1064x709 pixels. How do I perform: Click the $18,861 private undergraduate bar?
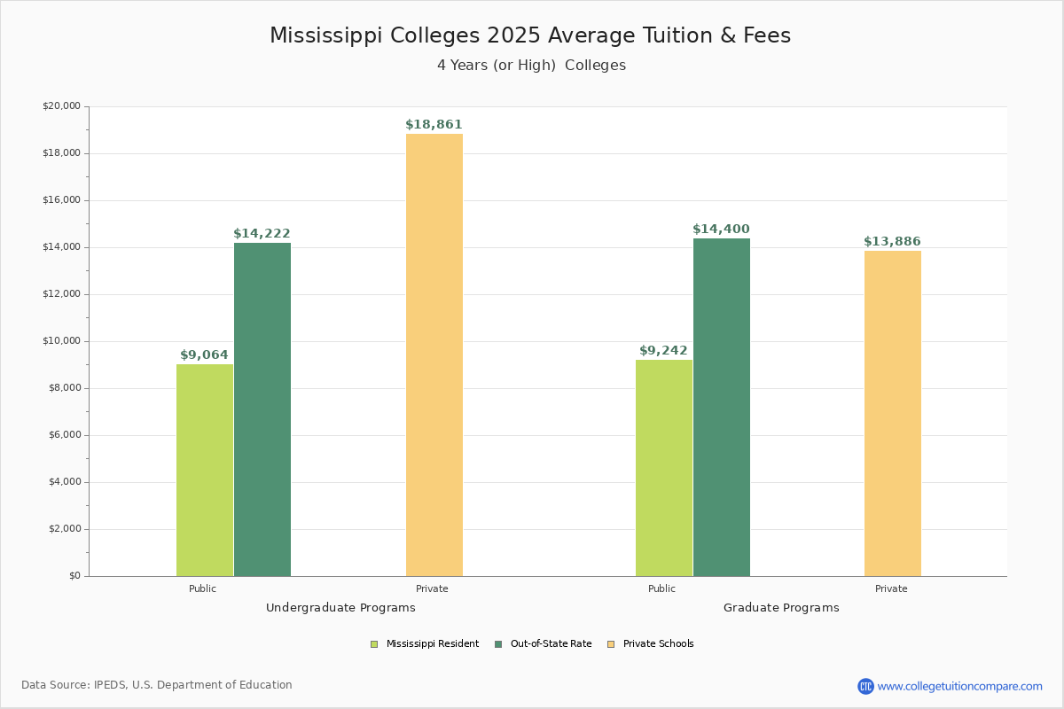point(434,354)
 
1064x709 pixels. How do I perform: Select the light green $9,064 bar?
point(205,470)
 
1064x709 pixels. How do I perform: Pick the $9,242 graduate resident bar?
point(664,468)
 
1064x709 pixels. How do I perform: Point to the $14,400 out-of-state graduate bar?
point(722,407)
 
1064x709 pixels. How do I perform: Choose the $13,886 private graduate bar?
point(893,413)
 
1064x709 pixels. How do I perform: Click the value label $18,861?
point(434,125)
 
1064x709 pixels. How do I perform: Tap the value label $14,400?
point(721,230)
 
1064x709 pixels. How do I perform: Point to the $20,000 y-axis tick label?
point(61,106)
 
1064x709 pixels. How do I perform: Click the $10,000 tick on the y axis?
point(61,341)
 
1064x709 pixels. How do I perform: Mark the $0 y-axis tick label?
point(74,576)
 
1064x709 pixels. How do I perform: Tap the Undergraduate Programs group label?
point(340,608)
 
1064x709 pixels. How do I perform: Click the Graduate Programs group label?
point(781,608)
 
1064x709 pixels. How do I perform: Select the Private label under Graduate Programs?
point(891,588)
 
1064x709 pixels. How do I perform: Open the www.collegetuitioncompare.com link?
point(959,686)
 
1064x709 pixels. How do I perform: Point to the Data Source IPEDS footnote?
point(157,685)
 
